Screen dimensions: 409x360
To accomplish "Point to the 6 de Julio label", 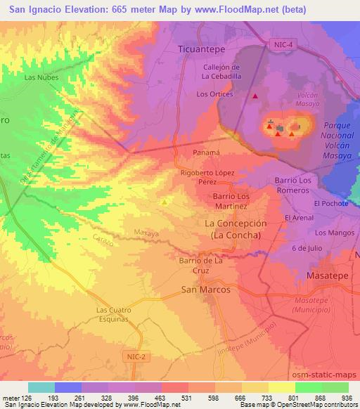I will pos(306,249).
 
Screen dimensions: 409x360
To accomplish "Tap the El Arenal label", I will pos(299,219).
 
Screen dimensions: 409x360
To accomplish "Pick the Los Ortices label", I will pos(215,93).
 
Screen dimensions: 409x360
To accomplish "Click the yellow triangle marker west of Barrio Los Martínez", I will pos(165,202).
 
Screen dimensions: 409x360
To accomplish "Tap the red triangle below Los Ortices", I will pos(255,96).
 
